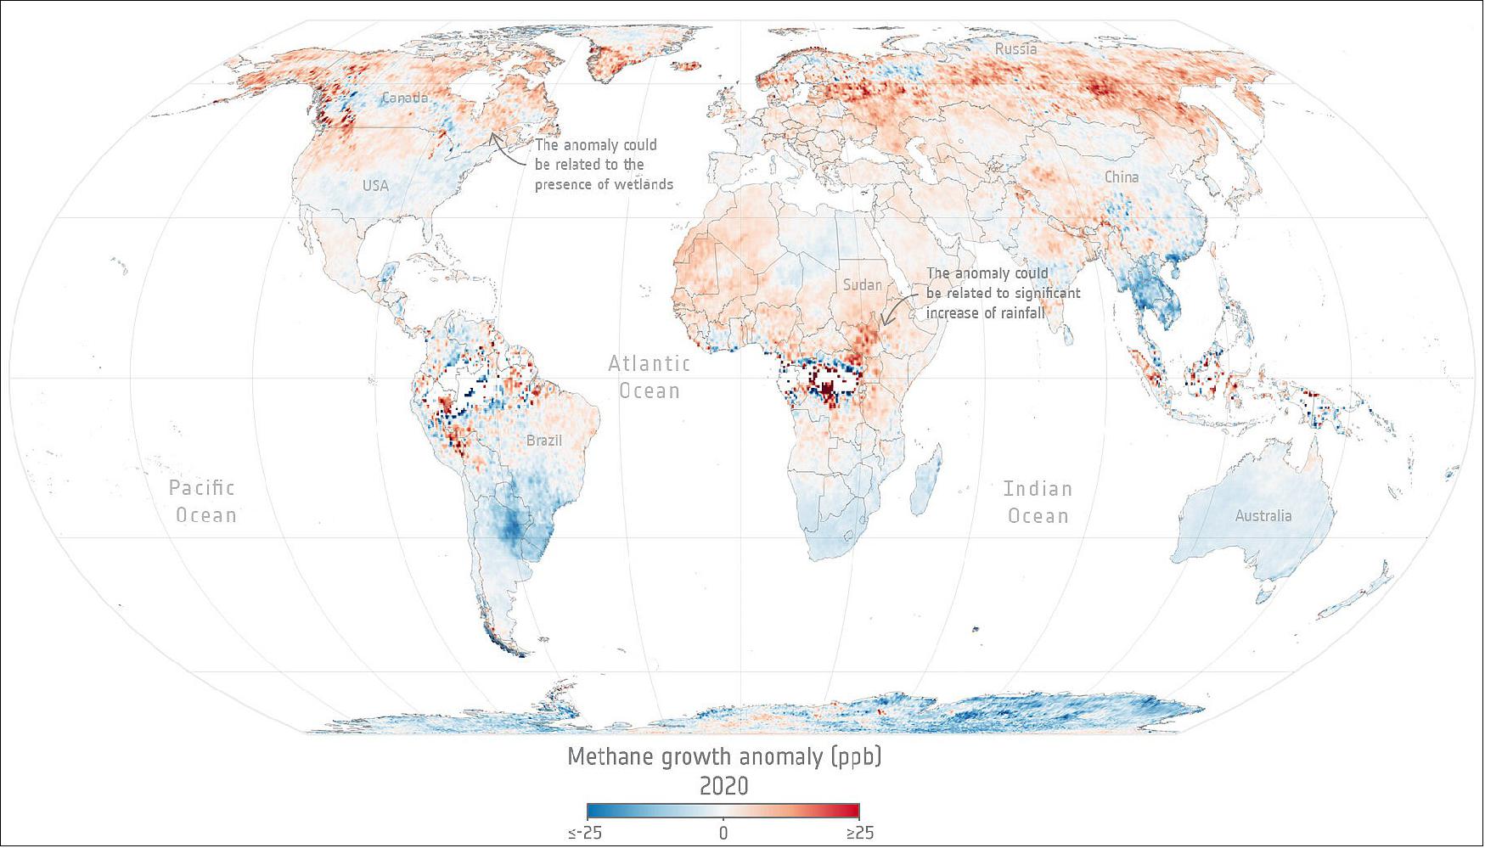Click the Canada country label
click(405, 98)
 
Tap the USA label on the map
click(375, 185)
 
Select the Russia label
click(1015, 49)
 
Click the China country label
click(1121, 177)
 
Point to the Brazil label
click(543, 441)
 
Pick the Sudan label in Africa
click(862, 285)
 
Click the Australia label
click(1263, 516)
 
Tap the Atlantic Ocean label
click(649, 377)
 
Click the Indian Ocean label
click(1038, 502)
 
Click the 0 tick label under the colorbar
click(723, 834)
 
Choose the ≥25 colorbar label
click(859, 834)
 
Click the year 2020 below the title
click(723, 786)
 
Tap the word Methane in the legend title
click(606, 756)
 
